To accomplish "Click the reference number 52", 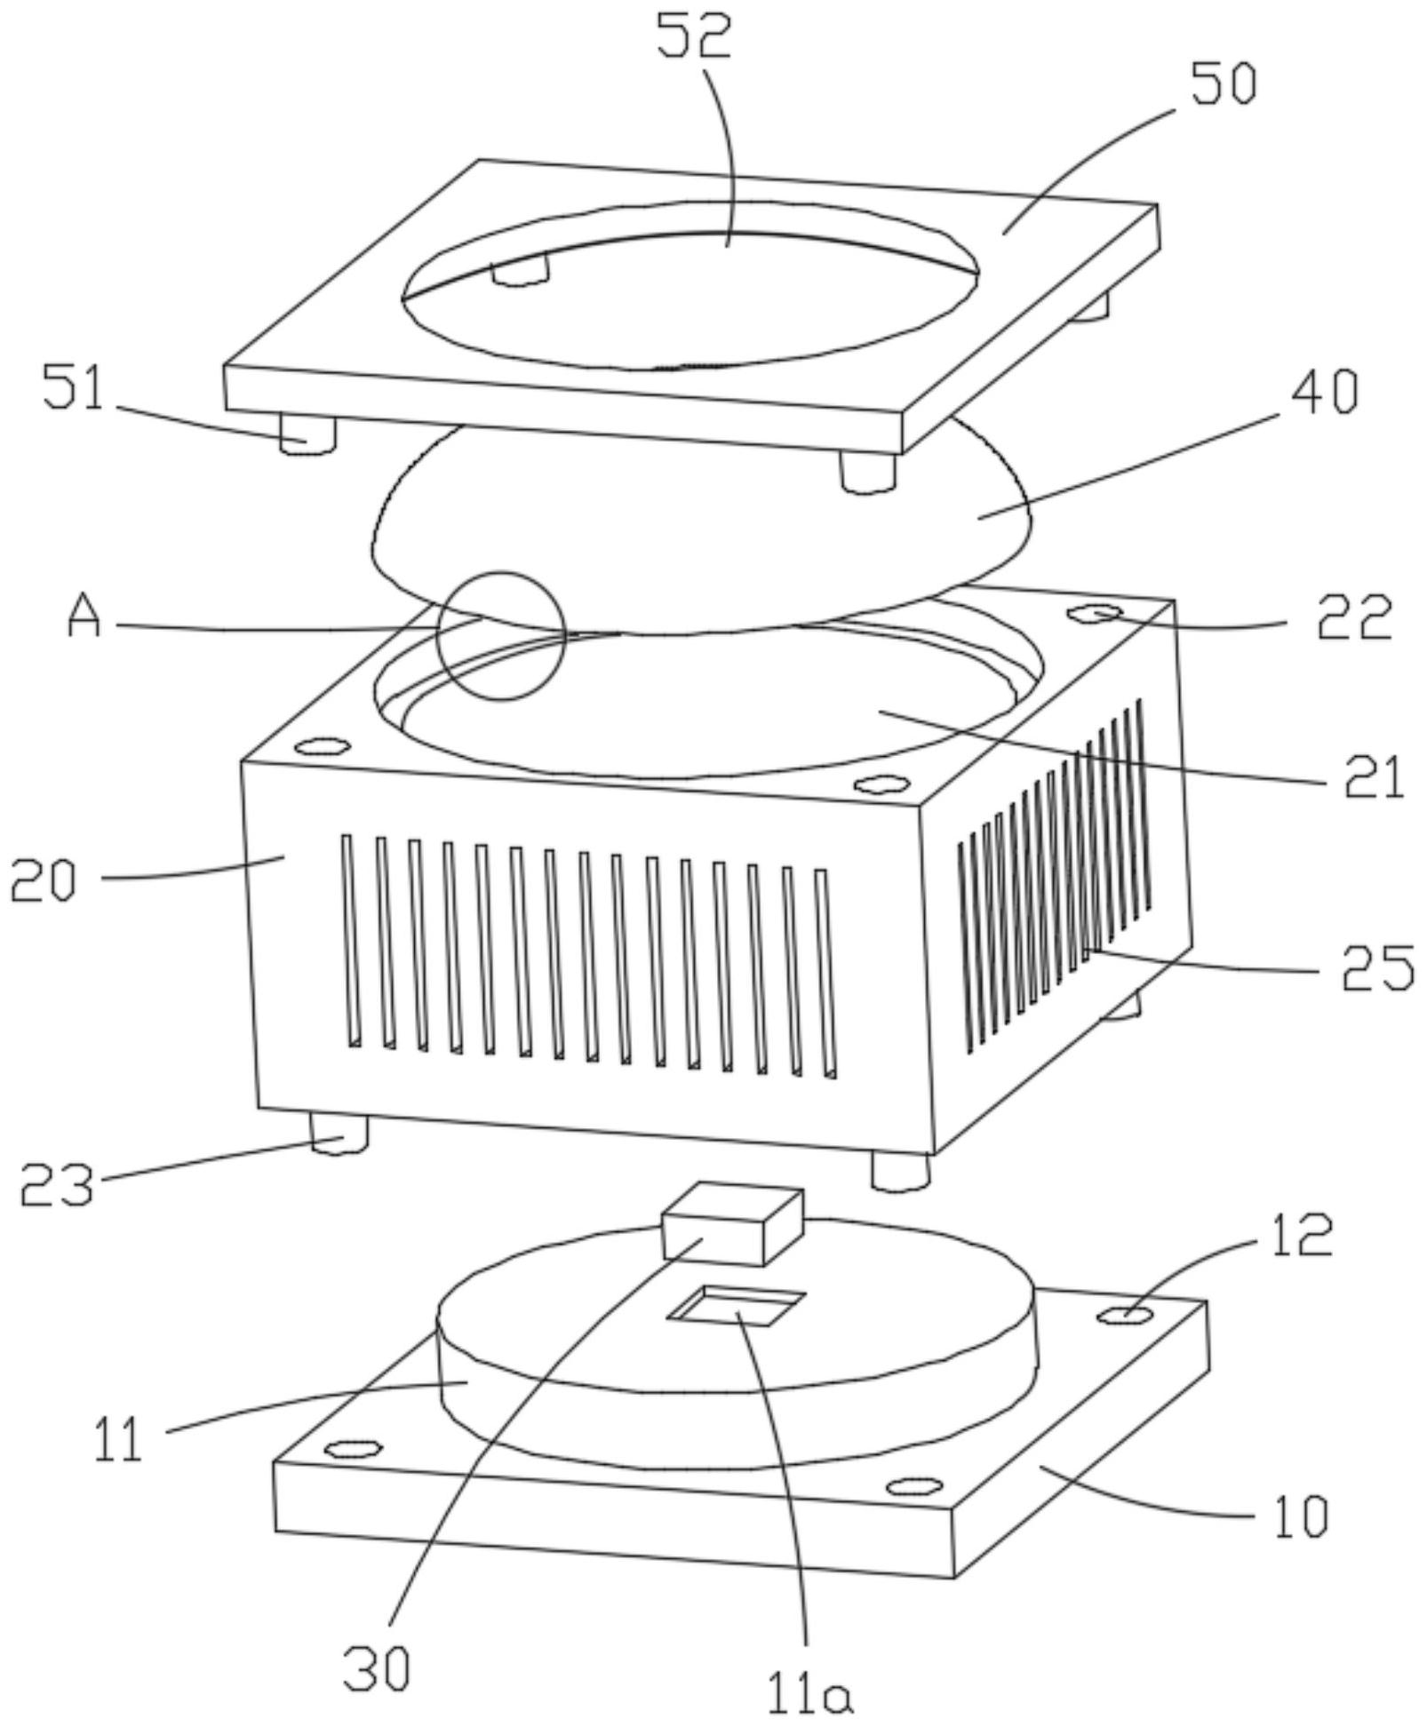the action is click(694, 37).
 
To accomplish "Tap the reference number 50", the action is click(1224, 86).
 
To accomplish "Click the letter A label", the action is click(84, 617).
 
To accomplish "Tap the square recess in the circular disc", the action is click(737, 1305).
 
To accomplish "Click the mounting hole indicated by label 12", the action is click(1126, 1313).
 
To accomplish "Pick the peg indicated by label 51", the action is click(307, 434).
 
